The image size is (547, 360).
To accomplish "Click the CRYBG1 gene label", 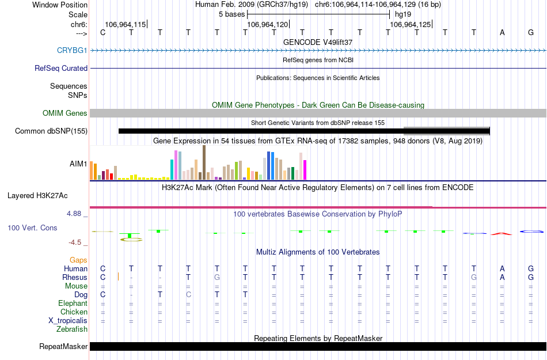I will click(72, 50).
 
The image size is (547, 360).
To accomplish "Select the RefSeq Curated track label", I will click(61, 68).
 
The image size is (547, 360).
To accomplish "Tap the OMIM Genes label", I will click(64, 113).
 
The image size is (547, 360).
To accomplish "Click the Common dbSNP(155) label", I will click(51, 131).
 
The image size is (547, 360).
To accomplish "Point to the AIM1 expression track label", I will click(78, 164).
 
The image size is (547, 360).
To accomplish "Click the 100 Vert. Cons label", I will click(32, 228).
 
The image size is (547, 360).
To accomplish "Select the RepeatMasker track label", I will click(63, 346).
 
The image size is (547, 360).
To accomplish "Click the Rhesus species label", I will click(75, 277).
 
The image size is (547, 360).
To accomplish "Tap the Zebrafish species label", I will click(72, 329).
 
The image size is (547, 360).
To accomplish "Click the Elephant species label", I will click(73, 303).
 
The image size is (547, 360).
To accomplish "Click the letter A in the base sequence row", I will click(502, 32).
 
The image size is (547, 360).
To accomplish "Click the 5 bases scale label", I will click(231, 14).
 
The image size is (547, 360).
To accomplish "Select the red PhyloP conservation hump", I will click(501, 233).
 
